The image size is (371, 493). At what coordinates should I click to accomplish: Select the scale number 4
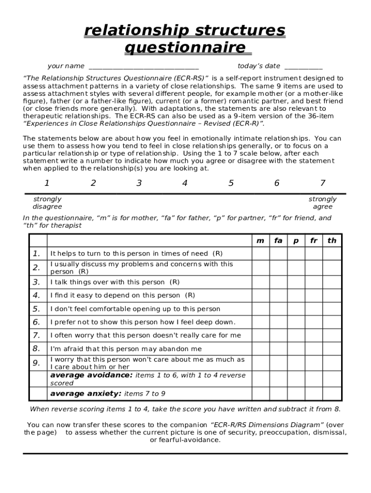point(185,183)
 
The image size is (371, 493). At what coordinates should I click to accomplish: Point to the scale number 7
point(322,183)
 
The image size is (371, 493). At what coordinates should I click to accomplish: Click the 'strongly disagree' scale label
point(47,203)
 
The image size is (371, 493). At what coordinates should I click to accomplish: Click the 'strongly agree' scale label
point(322,203)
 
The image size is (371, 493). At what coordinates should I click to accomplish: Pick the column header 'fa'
point(278,241)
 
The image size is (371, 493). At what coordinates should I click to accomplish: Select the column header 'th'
point(332,241)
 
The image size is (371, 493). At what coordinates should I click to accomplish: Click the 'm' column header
point(260,241)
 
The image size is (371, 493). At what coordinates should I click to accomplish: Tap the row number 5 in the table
point(37,309)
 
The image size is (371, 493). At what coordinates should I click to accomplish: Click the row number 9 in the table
point(37,363)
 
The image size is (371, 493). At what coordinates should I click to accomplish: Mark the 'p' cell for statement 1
point(296,254)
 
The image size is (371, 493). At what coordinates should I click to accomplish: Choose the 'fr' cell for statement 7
point(314,336)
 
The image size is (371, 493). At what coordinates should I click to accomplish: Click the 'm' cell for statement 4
point(260,296)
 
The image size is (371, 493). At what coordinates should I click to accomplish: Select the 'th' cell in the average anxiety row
point(332,394)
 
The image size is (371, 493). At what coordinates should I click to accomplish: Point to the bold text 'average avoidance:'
point(91,375)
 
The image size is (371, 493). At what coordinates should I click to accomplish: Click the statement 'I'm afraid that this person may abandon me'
point(126,349)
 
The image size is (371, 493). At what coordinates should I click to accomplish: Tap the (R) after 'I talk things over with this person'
point(174,282)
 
